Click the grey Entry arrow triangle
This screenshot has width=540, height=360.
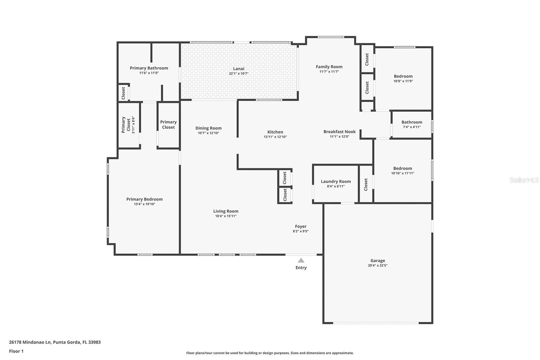click(301, 260)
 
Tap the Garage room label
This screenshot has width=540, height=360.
click(378, 261)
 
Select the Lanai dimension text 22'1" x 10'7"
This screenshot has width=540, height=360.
click(238, 74)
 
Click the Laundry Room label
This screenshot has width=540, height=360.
click(335, 181)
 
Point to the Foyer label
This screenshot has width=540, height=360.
click(301, 226)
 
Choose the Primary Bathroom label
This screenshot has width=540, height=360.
click(149, 68)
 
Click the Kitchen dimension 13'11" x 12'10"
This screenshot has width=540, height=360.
click(275, 137)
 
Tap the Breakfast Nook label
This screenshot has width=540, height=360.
click(340, 131)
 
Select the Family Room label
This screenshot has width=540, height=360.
click(329, 67)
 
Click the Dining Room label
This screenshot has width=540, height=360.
click(208, 128)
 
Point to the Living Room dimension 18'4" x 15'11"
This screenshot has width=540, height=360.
click(226, 216)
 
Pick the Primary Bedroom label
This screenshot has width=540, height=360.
click(144, 199)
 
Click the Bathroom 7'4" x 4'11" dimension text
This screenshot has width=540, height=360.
click(412, 127)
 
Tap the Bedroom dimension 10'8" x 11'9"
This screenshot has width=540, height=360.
click(403, 81)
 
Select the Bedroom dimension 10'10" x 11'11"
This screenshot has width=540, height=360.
click(403, 173)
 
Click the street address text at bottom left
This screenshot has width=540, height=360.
click(55, 342)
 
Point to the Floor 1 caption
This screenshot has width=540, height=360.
click(16, 351)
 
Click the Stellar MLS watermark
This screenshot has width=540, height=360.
click(524, 180)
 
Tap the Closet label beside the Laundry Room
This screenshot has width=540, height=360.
click(366, 185)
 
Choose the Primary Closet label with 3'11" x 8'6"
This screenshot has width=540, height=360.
click(128, 125)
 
